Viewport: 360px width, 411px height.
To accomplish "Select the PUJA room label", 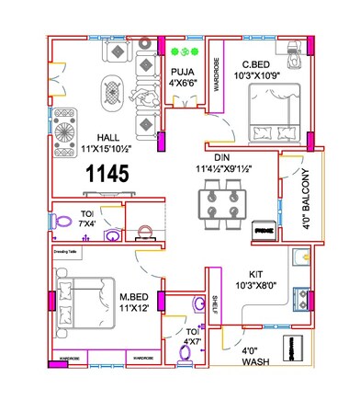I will click(x=180, y=71).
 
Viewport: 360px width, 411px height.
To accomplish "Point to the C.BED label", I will click(x=254, y=64).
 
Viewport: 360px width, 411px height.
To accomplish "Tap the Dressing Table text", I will click(x=67, y=249).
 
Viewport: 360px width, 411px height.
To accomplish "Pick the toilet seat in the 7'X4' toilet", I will click(x=63, y=221).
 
